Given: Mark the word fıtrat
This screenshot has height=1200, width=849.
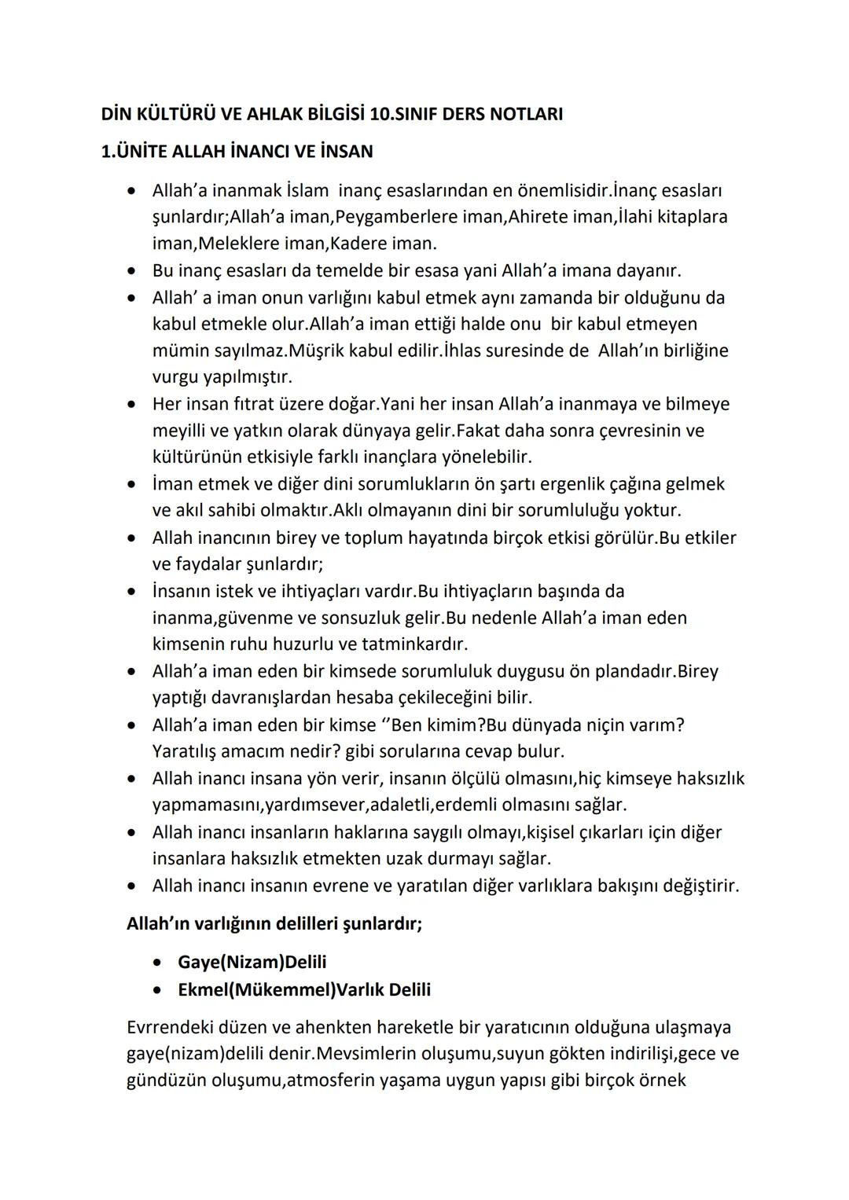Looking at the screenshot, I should point(252,404).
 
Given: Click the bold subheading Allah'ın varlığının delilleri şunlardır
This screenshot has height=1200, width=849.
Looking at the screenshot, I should point(274,923).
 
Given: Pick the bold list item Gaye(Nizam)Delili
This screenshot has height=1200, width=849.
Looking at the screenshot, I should point(252,963).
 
